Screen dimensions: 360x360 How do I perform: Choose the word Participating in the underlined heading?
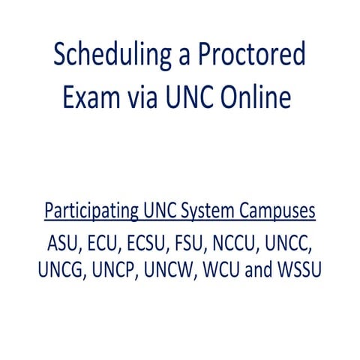[x=91, y=211]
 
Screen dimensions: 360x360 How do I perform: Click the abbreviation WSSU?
[x=301, y=269]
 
